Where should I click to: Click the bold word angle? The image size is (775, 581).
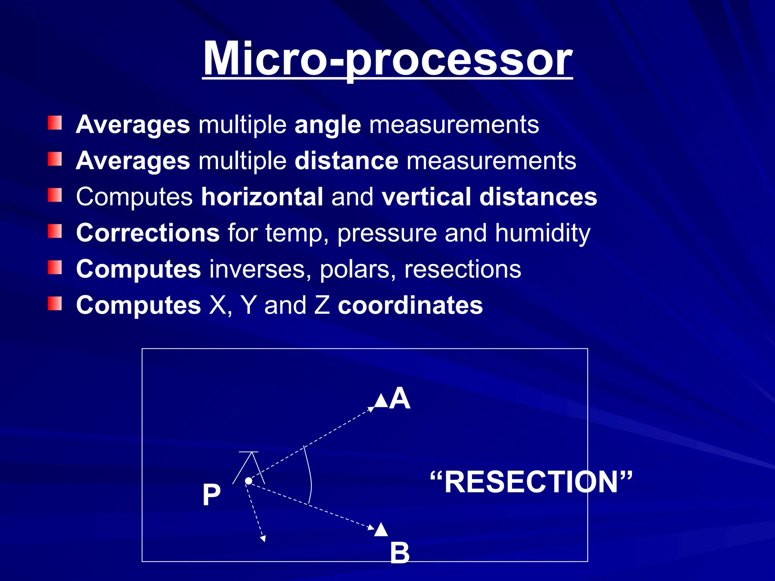[328, 125]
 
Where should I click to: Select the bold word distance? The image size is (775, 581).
[346, 161]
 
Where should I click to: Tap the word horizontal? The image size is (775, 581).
[262, 197]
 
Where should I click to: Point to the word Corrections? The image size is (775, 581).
[148, 233]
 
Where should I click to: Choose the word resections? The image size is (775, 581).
[462, 269]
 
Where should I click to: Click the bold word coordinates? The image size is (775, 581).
[410, 305]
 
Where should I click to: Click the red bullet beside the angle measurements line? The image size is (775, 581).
[55, 123]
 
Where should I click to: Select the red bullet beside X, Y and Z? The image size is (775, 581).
[55, 303]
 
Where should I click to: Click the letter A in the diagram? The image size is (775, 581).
[400, 398]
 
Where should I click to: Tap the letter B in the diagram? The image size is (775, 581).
[400, 553]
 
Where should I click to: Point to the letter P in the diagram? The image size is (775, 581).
[211, 495]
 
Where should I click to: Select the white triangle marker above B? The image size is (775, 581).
[381, 530]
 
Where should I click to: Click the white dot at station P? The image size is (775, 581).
[249, 481]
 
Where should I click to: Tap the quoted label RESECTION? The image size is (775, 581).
[531, 482]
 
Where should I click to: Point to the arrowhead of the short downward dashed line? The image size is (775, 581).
[263, 539]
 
